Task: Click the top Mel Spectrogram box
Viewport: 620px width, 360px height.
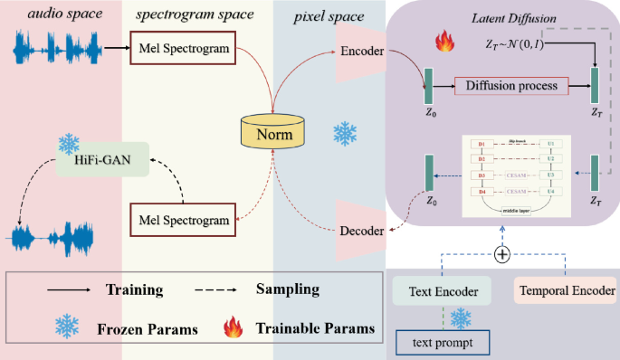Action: [179, 48]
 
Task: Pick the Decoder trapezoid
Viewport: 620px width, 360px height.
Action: [361, 229]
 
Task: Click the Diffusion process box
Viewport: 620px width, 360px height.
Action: [512, 86]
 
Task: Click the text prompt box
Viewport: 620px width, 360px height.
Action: [441, 343]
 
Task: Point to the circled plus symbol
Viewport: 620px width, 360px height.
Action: [502, 255]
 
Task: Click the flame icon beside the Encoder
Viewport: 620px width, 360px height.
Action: [444, 41]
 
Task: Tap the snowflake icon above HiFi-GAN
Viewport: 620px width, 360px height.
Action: [69, 142]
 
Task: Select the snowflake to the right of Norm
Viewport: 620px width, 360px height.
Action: [345, 134]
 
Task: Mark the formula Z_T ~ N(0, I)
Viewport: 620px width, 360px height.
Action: [520, 43]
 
